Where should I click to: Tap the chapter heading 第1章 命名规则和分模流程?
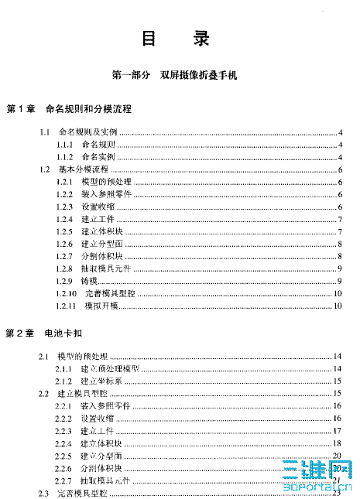point(70,109)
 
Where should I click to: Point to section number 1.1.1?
point(65,145)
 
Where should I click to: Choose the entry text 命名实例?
point(98,156)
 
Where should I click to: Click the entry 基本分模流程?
point(84,169)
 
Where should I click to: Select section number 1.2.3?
point(65,207)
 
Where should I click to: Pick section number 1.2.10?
point(67,293)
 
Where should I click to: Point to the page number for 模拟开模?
point(338,306)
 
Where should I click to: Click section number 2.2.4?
point(65,444)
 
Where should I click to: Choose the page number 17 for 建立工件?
point(338,431)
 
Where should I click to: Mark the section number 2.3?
point(44,494)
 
